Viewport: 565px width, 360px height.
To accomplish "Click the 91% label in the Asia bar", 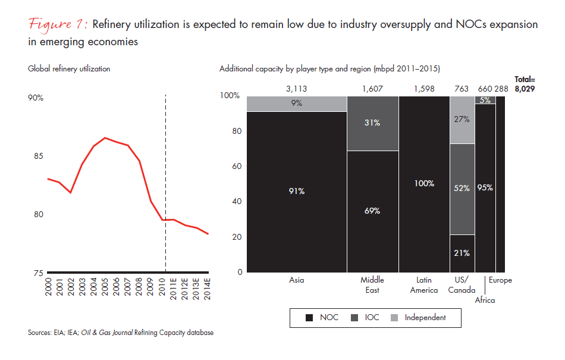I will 296,191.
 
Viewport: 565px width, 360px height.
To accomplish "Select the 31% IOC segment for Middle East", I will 372,123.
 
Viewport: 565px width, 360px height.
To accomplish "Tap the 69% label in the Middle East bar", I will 372,211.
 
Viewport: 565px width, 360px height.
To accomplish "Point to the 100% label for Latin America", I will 424,184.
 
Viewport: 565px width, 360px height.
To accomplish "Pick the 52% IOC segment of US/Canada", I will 462,188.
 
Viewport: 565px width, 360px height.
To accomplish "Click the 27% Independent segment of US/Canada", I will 462,119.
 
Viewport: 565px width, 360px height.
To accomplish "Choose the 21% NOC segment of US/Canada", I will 462,253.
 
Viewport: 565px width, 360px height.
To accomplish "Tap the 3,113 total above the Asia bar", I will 296,88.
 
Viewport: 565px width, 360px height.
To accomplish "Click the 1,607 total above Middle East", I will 372,88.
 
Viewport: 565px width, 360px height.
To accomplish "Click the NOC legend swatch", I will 309,318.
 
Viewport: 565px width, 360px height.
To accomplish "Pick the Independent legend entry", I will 425,318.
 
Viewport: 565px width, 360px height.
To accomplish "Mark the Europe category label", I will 500,280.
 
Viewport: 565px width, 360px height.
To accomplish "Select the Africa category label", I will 485,300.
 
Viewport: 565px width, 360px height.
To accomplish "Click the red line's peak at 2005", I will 105,137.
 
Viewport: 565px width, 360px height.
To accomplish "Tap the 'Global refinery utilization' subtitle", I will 69,68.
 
